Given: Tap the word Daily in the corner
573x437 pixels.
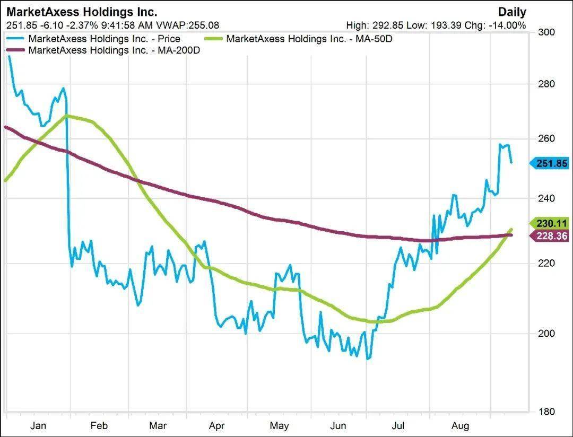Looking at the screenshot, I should pos(511,12).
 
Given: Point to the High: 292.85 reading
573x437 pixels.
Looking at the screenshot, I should pos(375,25).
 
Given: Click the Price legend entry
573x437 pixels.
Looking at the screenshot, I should pos(104,39).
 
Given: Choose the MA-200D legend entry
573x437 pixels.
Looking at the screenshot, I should pos(114,50).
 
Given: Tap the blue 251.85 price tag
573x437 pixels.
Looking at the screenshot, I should pos(551,163).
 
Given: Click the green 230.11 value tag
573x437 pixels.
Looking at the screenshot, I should pos(551,223).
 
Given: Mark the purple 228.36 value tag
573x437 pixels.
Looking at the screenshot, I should pos(551,236).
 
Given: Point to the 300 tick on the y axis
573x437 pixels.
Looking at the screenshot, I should pos(547,32).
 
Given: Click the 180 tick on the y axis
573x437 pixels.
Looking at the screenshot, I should pos(547,412).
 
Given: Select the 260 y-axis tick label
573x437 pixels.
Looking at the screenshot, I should pos(547,139).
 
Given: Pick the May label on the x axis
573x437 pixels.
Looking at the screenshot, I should pos(279,426).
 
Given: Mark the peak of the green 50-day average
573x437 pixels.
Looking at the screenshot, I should pos(67,115).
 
